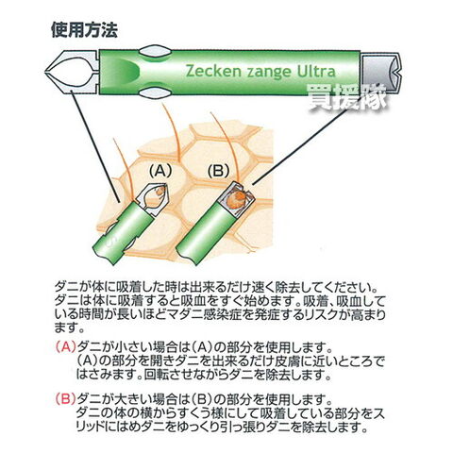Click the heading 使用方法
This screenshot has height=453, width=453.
[x=84, y=31]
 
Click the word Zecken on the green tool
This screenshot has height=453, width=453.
[x=212, y=72]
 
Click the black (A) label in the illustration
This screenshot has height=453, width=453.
[x=160, y=171]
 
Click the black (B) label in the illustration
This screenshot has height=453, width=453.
[x=218, y=172]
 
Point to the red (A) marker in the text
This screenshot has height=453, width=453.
[x=65, y=347]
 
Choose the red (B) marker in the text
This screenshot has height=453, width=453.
[x=65, y=399]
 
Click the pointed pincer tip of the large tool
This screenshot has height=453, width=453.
[x=46, y=73]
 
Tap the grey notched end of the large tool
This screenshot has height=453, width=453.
[x=380, y=73]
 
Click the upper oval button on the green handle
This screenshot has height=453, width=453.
[x=155, y=52]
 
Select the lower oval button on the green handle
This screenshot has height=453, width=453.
[x=155, y=92]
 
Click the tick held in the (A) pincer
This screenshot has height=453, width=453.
[x=161, y=192]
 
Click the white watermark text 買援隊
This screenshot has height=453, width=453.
[x=346, y=97]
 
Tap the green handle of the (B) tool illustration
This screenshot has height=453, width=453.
[x=206, y=230]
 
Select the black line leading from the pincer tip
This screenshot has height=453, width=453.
[x=95, y=146]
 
